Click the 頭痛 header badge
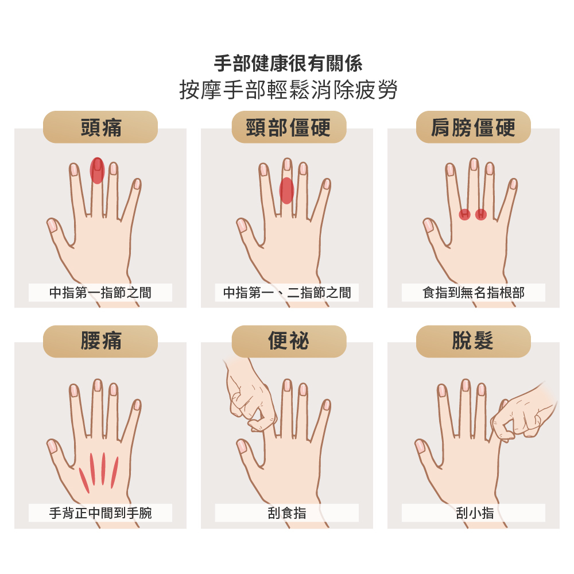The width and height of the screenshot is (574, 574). pos(100,127)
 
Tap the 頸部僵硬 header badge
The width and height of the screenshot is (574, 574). pos(289,127)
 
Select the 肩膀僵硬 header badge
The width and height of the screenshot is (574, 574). pos(474,127)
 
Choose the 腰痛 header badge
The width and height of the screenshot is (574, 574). pos(100,341)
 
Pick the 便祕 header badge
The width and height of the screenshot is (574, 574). pos(289,341)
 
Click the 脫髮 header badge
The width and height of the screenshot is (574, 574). pos(474,341)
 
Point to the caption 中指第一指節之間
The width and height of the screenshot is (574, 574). pos(100,293)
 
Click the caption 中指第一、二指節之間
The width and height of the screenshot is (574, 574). pos(287,293)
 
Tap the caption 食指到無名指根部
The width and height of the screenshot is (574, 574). pos(474,293)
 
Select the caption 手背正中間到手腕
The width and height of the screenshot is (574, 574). pos(100,513)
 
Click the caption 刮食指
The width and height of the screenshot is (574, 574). pos(287,513)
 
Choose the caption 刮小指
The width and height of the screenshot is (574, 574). pos(475,513)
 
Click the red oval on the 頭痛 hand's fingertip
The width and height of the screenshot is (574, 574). pos(98,170)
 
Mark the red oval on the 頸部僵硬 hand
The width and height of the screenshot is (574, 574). pos(286,191)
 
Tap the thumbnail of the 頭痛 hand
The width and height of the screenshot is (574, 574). pos(52,225)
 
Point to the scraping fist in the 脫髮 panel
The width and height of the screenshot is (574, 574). pos(523,414)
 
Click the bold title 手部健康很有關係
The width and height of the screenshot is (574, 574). pos(289,63)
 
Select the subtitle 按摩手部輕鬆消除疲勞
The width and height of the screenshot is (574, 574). pos(289,90)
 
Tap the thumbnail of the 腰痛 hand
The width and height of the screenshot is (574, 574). pos(52,445)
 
